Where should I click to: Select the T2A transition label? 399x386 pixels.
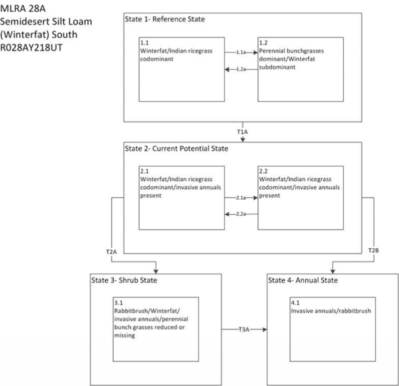pos(111,251)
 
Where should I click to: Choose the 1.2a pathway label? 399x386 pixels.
pos(241,70)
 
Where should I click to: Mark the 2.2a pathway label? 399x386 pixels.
pos(241,214)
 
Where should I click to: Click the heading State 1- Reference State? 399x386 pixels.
pos(165,19)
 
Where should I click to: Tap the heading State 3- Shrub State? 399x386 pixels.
pos(124,280)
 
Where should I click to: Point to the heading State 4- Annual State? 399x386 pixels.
pos(303,280)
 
